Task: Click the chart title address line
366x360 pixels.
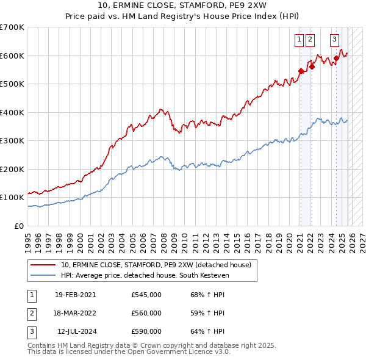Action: pos(183,5)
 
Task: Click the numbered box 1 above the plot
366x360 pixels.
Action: pos(300,40)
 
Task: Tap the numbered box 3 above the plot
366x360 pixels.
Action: pos(335,40)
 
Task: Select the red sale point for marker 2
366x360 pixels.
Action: pos(312,67)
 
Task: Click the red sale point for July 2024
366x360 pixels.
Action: pos(336,59)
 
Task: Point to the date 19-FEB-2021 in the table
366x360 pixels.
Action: pos(75,295)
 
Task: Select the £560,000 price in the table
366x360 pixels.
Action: pos(146,313)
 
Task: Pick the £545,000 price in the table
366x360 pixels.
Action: pos(146,295)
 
